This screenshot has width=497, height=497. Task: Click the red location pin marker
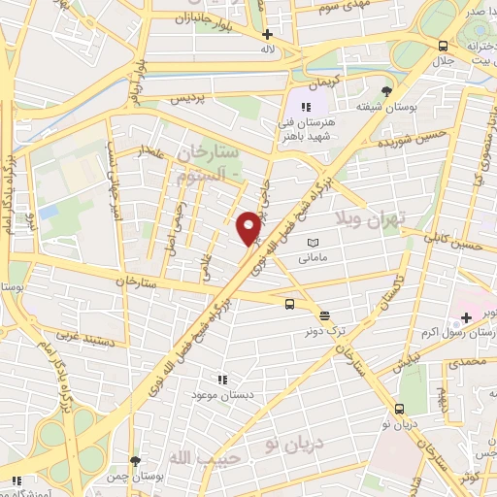(248, 227)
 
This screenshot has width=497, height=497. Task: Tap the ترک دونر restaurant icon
(323, 315)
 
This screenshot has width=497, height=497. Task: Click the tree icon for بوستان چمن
(135, 461)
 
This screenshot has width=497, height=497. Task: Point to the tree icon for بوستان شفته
(387, 91)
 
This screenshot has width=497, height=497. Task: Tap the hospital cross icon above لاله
(267, 34)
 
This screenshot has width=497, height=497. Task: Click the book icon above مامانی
(312, 243)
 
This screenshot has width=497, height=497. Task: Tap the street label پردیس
(189, 99)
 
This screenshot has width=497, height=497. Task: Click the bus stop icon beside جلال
(443, 46)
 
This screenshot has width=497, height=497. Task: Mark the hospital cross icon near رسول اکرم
(467, 317)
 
